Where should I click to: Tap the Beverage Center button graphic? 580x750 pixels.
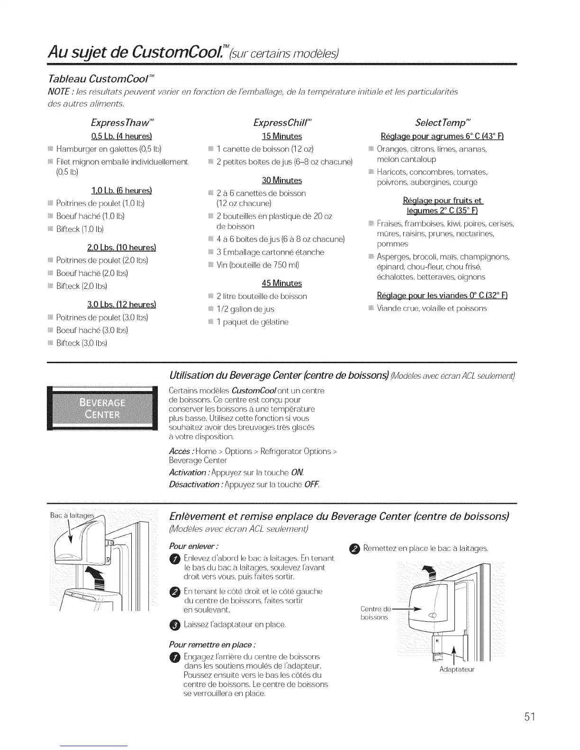coord(102,408)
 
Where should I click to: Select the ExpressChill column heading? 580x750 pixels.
coord(282,123)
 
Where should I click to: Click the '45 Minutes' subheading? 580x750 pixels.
coord(281,283)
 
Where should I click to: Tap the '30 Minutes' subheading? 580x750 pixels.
coord(281,180)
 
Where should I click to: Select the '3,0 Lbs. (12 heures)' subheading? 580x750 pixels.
coord(121,304)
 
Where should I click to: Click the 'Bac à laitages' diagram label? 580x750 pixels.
coord(72,515)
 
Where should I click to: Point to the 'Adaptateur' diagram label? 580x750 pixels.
coord(457,670)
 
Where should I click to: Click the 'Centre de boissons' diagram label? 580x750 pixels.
coord(374,613)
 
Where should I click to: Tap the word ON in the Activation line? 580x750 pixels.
coord(298,473)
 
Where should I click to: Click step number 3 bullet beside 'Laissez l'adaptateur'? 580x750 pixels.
coord(174,625)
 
